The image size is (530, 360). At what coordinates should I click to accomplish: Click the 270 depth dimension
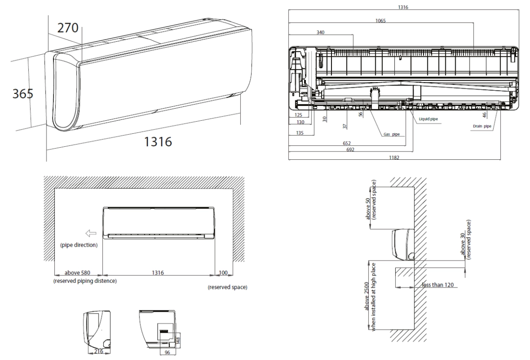tap(67, 28)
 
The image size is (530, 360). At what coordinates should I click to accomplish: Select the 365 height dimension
tap(23, 93)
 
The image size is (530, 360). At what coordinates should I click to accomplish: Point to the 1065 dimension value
tap(381, 20)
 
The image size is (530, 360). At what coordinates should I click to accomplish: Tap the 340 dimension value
tap(320, 33)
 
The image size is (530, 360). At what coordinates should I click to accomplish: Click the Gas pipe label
tap(391, 134)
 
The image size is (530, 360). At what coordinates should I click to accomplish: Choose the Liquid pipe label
tap(428, 119)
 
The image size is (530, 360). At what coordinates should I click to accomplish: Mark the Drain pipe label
tap(482, 126)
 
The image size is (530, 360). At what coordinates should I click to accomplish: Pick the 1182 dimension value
tap(394, 157)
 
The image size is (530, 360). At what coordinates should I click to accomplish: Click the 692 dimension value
tap(350, 150)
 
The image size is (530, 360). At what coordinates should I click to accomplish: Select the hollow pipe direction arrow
tap(91, 233)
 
